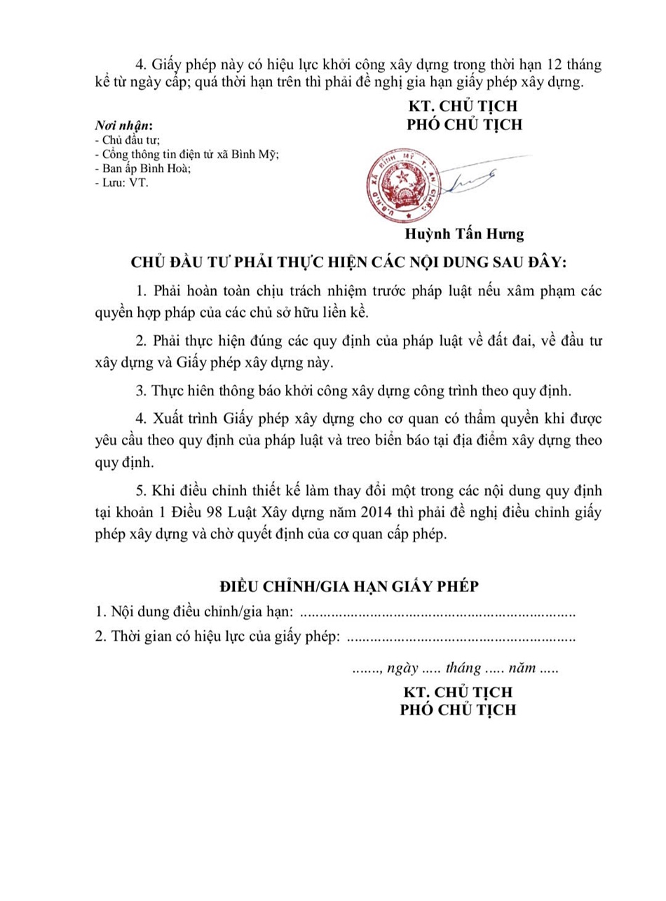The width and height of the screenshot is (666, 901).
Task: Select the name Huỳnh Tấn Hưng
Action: pos(464,234)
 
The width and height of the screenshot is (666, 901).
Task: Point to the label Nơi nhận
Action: pos(123,126)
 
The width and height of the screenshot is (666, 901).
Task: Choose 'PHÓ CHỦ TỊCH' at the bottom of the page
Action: pos(458,709)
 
